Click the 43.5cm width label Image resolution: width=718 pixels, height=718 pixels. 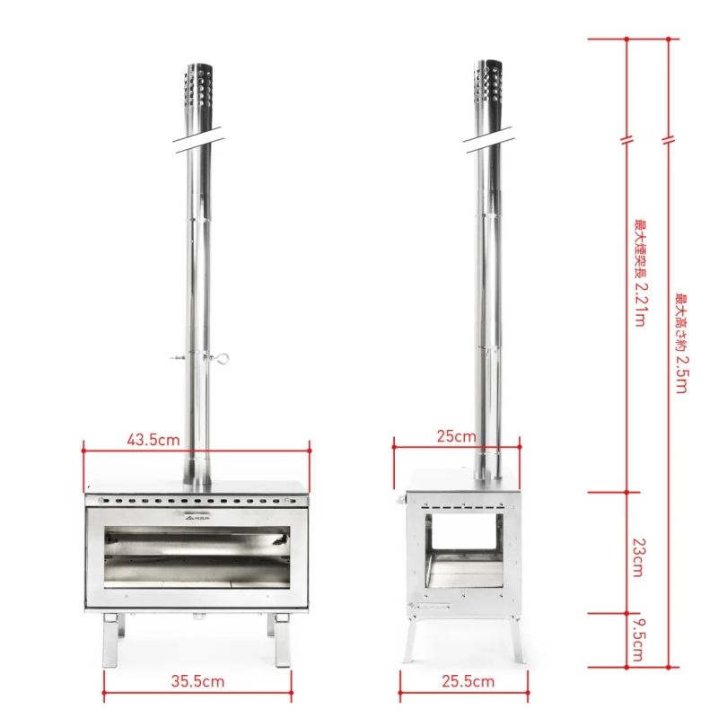153,440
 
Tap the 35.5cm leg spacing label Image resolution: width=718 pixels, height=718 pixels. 199,681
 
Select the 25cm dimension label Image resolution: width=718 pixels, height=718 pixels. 456,437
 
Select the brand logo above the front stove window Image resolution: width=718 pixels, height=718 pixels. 197,516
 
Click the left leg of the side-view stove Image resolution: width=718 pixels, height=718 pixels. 410,639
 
